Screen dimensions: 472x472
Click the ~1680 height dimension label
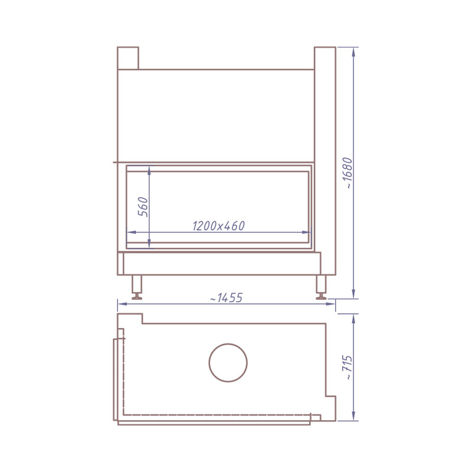pos(348,173)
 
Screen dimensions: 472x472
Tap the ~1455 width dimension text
pos(226,298)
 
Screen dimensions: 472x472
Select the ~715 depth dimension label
pos(348,367)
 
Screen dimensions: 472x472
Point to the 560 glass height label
pos(143,207)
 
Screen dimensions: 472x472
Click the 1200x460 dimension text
pos(218,226)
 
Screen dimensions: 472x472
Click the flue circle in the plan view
pos(228,344)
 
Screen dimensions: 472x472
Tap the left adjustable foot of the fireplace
pos(137,287)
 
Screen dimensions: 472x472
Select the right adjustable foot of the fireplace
pos(321,287)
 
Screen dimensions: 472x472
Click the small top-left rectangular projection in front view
pos(128,58)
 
